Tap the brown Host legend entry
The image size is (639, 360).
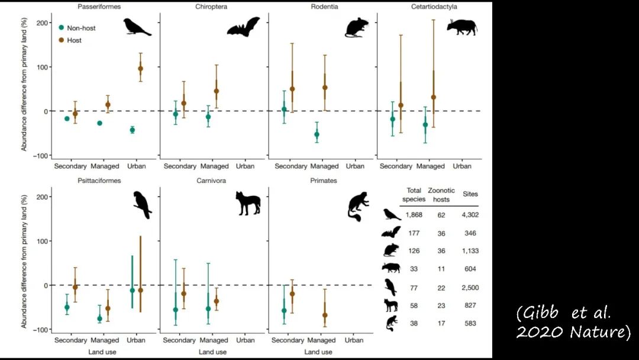coord(74,40)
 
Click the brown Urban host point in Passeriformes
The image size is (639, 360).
coord(140,69)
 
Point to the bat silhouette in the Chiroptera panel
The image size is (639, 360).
coord(243,27)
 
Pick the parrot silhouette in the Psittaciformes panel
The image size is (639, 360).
coord(143,205)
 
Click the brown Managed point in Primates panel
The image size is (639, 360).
coord(325,315)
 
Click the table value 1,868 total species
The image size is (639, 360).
coord(414,215)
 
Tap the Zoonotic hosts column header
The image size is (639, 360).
coord(440,195)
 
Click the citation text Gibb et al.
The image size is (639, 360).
coord(563,313)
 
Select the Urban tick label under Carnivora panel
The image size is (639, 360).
coord(245,340)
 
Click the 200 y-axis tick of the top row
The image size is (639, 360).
coord(41,22)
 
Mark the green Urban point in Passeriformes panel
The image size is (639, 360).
coord(132,130)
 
